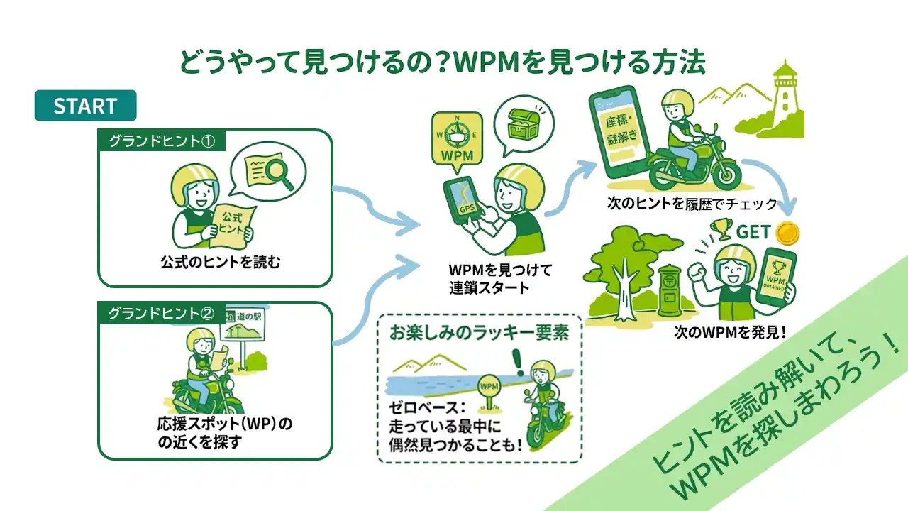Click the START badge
[x=85, y=106]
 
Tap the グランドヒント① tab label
[x=161, y=141]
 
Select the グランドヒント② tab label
[x=161, y=313]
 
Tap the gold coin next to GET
[x=787, y=232]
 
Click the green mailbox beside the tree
[x=670, y=291]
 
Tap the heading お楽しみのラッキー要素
[x=480, y=334]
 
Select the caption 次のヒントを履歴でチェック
[x=692, y=205]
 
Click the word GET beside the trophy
[x=753, y=232]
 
